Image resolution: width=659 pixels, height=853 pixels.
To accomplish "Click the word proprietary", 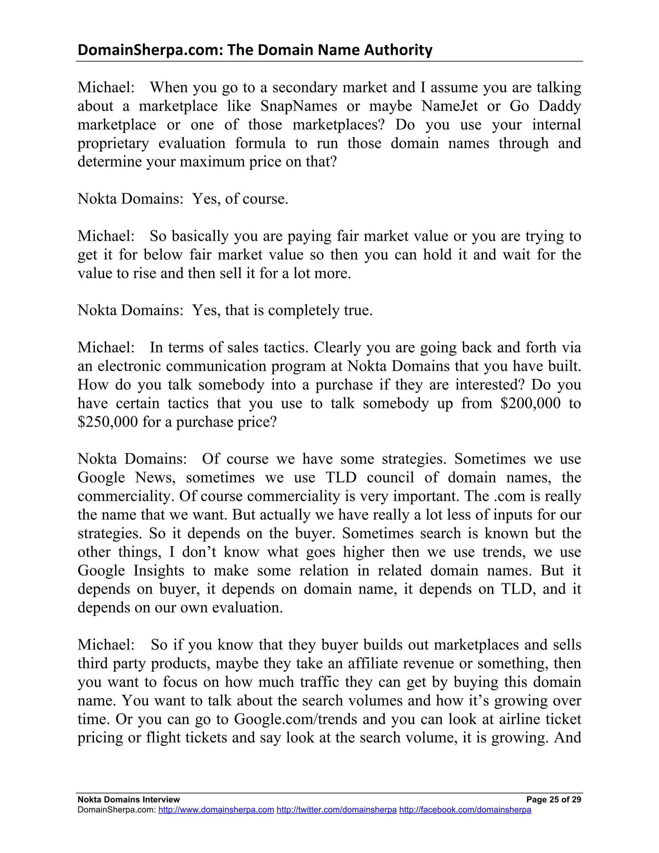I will (x=113, y=143).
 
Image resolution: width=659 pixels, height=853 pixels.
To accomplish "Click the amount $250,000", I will (x=107, y=422).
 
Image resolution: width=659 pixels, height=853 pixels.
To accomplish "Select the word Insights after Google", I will (x=159, y=571).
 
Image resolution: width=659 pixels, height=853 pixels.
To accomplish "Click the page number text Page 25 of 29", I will (x=553, y=800).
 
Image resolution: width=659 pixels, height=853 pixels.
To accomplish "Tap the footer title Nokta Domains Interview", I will (x=128, y=800).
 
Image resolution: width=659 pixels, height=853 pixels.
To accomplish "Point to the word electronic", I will (x=129, y=366).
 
